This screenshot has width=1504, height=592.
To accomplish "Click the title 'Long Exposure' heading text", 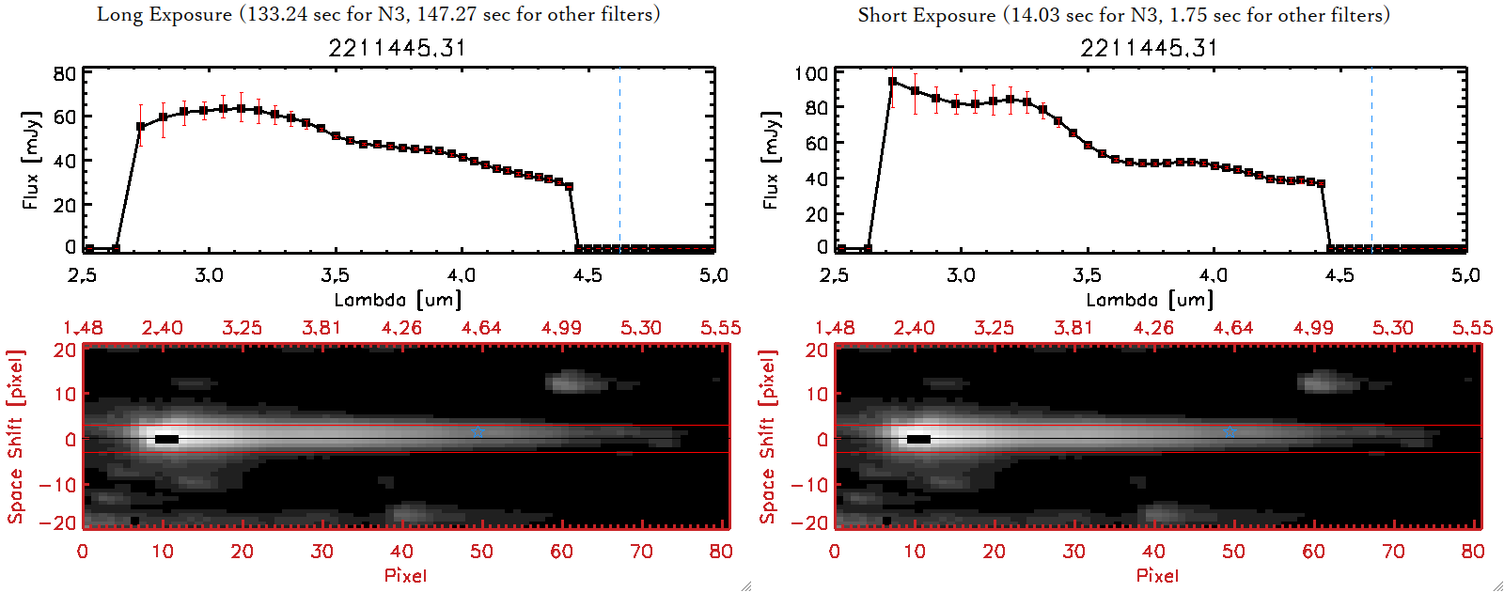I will (x=164, y=14).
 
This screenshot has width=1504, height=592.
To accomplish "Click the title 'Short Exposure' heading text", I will (x=926, y=15).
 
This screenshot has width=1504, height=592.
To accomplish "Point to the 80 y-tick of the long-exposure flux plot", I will (x=64, y=74).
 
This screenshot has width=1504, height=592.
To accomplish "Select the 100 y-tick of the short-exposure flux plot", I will (x=810, y=74).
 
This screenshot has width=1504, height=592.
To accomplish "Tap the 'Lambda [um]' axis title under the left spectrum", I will (x=398, y=300).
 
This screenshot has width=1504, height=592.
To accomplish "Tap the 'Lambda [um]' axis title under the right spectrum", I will (x=1150, y=300).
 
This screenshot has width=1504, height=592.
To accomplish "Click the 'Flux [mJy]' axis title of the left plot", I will (x=31, y=161).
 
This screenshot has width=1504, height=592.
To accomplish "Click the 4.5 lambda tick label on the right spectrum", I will (x=1339, y=275).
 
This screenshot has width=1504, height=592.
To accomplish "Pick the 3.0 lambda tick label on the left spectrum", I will (x=209, y=275).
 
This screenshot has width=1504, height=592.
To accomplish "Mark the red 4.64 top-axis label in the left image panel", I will (x=481, y=328).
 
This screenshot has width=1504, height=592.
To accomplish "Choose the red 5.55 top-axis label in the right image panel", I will (x=1472, y=328).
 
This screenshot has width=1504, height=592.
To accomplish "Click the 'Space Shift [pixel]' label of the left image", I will (x=16, y=437).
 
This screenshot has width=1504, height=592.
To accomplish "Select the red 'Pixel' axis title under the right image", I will (x=1157, y=575).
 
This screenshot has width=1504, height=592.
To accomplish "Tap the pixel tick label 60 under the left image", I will (x=561, y=552).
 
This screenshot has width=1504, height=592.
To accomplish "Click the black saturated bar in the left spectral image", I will (x=166, y=439).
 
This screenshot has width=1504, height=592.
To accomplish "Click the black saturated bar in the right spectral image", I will (x=918, y=439).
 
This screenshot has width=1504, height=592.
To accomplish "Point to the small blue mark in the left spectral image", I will (x=478, y=433).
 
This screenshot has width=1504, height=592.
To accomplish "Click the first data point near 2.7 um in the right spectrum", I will (x=892, y=82).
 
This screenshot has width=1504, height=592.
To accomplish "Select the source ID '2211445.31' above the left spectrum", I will (x=397, y=48).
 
